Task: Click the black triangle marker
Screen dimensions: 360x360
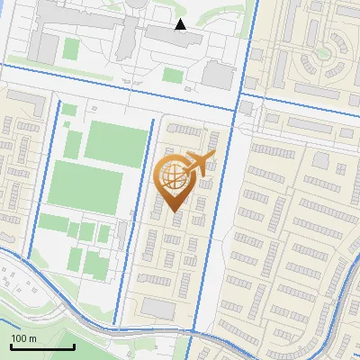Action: tap(181, 24)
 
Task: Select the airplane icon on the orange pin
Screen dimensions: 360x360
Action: tap(198, 163)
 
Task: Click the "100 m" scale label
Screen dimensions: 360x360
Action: tap(24, 338)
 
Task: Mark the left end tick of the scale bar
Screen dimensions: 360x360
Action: tap(11, 346)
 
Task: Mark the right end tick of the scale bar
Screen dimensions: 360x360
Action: tap(74, 346)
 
